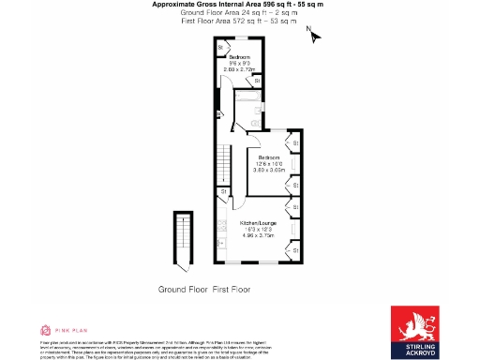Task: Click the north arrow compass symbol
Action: pos(314,35)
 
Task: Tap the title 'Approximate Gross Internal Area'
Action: pos(212,5)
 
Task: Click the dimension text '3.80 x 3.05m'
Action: pos(270,171)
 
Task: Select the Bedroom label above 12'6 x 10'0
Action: pos(270,157)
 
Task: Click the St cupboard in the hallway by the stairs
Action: pos(224,191)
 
